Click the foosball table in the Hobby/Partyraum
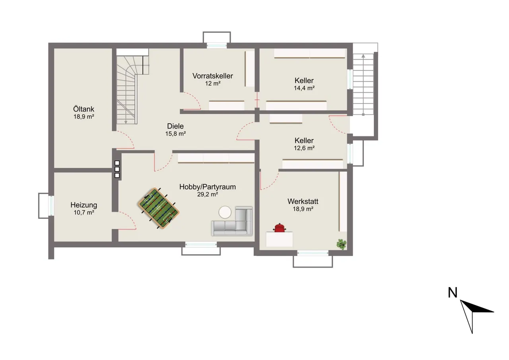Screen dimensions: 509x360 [x=158, y=208]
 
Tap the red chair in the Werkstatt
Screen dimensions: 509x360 [x=280, y=228]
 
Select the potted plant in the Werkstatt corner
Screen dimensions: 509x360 [x=342, y=244]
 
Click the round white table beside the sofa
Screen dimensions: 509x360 [x=225, y=212]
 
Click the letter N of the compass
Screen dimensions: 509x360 [x=453, y=292]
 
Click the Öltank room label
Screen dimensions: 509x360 [x=84, y=109]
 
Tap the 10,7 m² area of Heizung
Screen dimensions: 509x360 [x=84, y=212]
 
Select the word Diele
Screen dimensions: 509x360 [x=175, y=126]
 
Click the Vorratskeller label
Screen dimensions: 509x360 [x=213, y=76]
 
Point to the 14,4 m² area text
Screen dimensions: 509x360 [x=304, y=88]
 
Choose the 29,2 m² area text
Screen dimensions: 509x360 [x=208, y=194]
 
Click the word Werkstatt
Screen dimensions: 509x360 [x=303, y=201]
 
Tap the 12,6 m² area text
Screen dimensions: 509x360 [x=304, y=148]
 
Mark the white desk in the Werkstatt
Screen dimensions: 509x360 [x=279, y=239]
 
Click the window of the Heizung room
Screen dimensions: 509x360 [x=51, y=205]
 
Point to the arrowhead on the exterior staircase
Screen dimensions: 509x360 [x=363, y=56]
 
